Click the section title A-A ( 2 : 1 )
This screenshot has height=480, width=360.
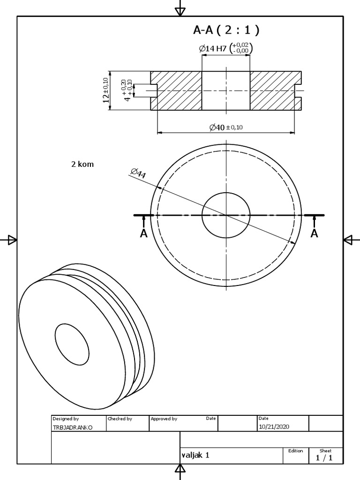pyautogui.click(x=226, y=30)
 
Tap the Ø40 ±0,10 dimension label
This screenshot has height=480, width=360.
pyautogui.click(x=225, y=127)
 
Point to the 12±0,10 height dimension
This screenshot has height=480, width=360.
pyautogui.click(x=106, y=90)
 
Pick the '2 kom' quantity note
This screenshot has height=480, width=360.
pyautogui.click(x=82, y=164)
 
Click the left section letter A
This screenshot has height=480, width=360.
pyautogui.click(x=144, y=233)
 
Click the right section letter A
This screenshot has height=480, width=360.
pyautogui.click(x=315, y=233)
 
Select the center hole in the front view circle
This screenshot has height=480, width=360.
pyautogui.click(x=226, y=215)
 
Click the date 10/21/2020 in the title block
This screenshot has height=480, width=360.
pyautogui.click(x=274, y=427)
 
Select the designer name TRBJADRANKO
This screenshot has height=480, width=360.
pyautogui.click(x=73, y=427)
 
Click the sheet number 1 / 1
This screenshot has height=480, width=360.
pyautogui.click(x=324, y=458)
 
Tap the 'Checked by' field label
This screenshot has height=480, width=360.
pyautogui.click(x=120, y=419)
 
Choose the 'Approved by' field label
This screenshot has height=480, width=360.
pyautogui.click(x=164, y=419)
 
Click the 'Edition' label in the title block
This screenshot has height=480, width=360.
pyautogui.click(x=296, y=450)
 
